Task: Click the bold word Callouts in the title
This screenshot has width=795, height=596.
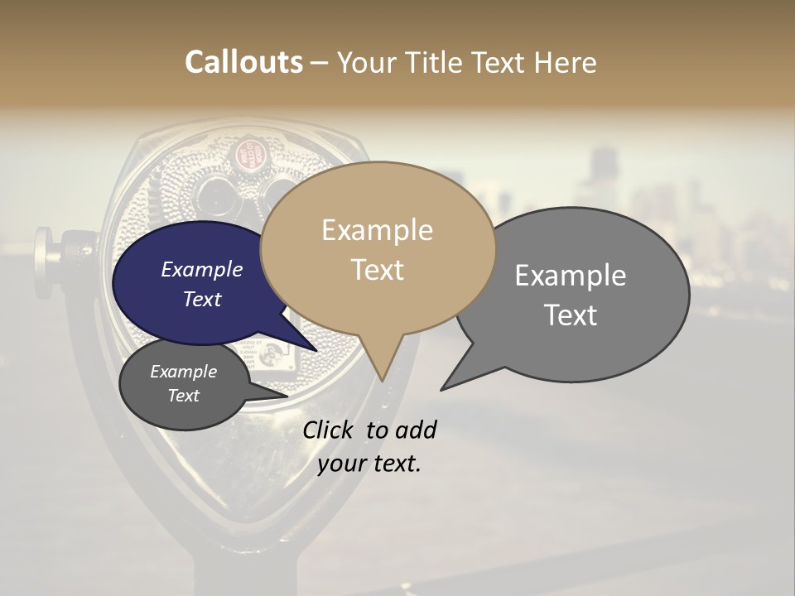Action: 243,62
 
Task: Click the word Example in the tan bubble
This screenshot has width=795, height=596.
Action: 377,230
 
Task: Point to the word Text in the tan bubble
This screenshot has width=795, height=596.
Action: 377,270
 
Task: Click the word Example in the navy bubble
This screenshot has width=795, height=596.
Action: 201,269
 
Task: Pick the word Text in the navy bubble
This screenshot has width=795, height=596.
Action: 201,299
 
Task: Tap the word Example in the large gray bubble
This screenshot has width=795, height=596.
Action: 571,276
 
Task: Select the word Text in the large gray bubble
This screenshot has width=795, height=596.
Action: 571,315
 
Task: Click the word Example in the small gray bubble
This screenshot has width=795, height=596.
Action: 183,372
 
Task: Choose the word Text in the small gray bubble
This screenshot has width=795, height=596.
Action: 183,396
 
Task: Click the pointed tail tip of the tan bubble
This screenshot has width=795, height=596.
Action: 382,380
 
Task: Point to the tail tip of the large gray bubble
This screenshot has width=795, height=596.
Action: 441,389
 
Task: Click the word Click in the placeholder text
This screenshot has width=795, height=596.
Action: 330,430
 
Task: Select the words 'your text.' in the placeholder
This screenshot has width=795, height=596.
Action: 369,464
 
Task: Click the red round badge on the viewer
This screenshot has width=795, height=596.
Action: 246,153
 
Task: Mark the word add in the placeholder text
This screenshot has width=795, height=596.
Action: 416,430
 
